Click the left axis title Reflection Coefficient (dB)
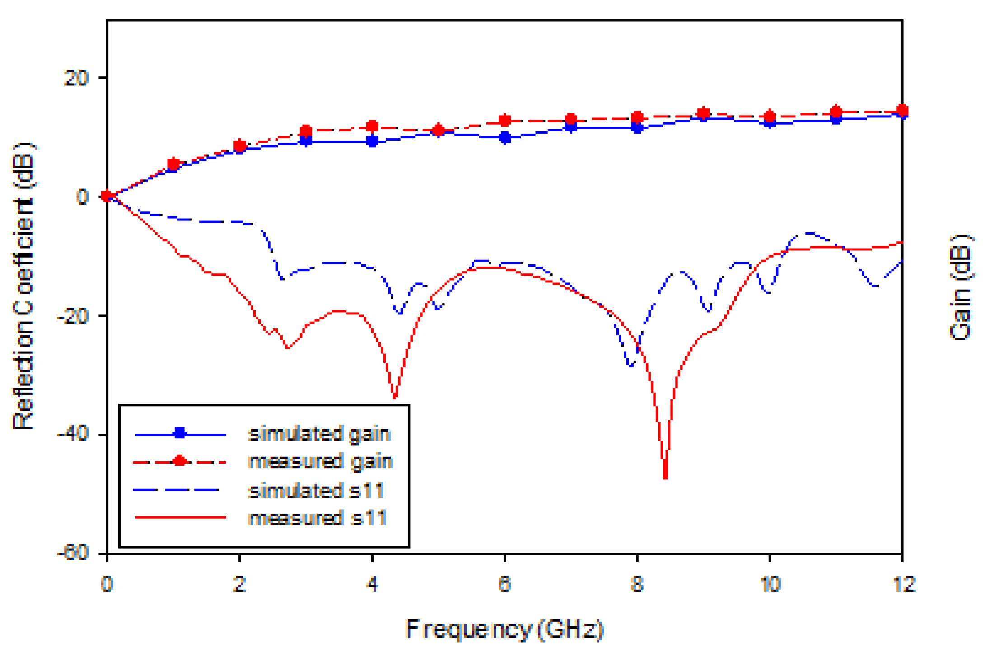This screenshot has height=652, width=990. [23, 286]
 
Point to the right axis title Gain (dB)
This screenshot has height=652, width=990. [960, 287]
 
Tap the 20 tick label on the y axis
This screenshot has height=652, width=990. [76, 78]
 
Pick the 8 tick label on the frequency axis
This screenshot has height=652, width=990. [637, 584]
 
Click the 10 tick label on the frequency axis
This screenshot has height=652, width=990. [770, 584]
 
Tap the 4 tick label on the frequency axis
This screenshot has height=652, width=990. [372, 584]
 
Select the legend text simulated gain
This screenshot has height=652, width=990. [319, 434]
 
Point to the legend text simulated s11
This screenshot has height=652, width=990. [316, 490]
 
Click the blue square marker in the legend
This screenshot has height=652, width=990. [180, 433]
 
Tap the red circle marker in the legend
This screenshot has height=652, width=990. [180, 461]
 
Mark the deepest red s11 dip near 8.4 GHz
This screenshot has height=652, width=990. [665, 477]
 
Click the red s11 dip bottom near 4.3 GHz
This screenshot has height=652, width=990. [395, 397]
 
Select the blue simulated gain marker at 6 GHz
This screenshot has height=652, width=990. [505, 138]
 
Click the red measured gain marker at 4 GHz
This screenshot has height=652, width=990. [372, 127]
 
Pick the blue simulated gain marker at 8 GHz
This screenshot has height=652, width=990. [637, 128]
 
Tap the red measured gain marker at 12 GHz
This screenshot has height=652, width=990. [902, 110]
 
